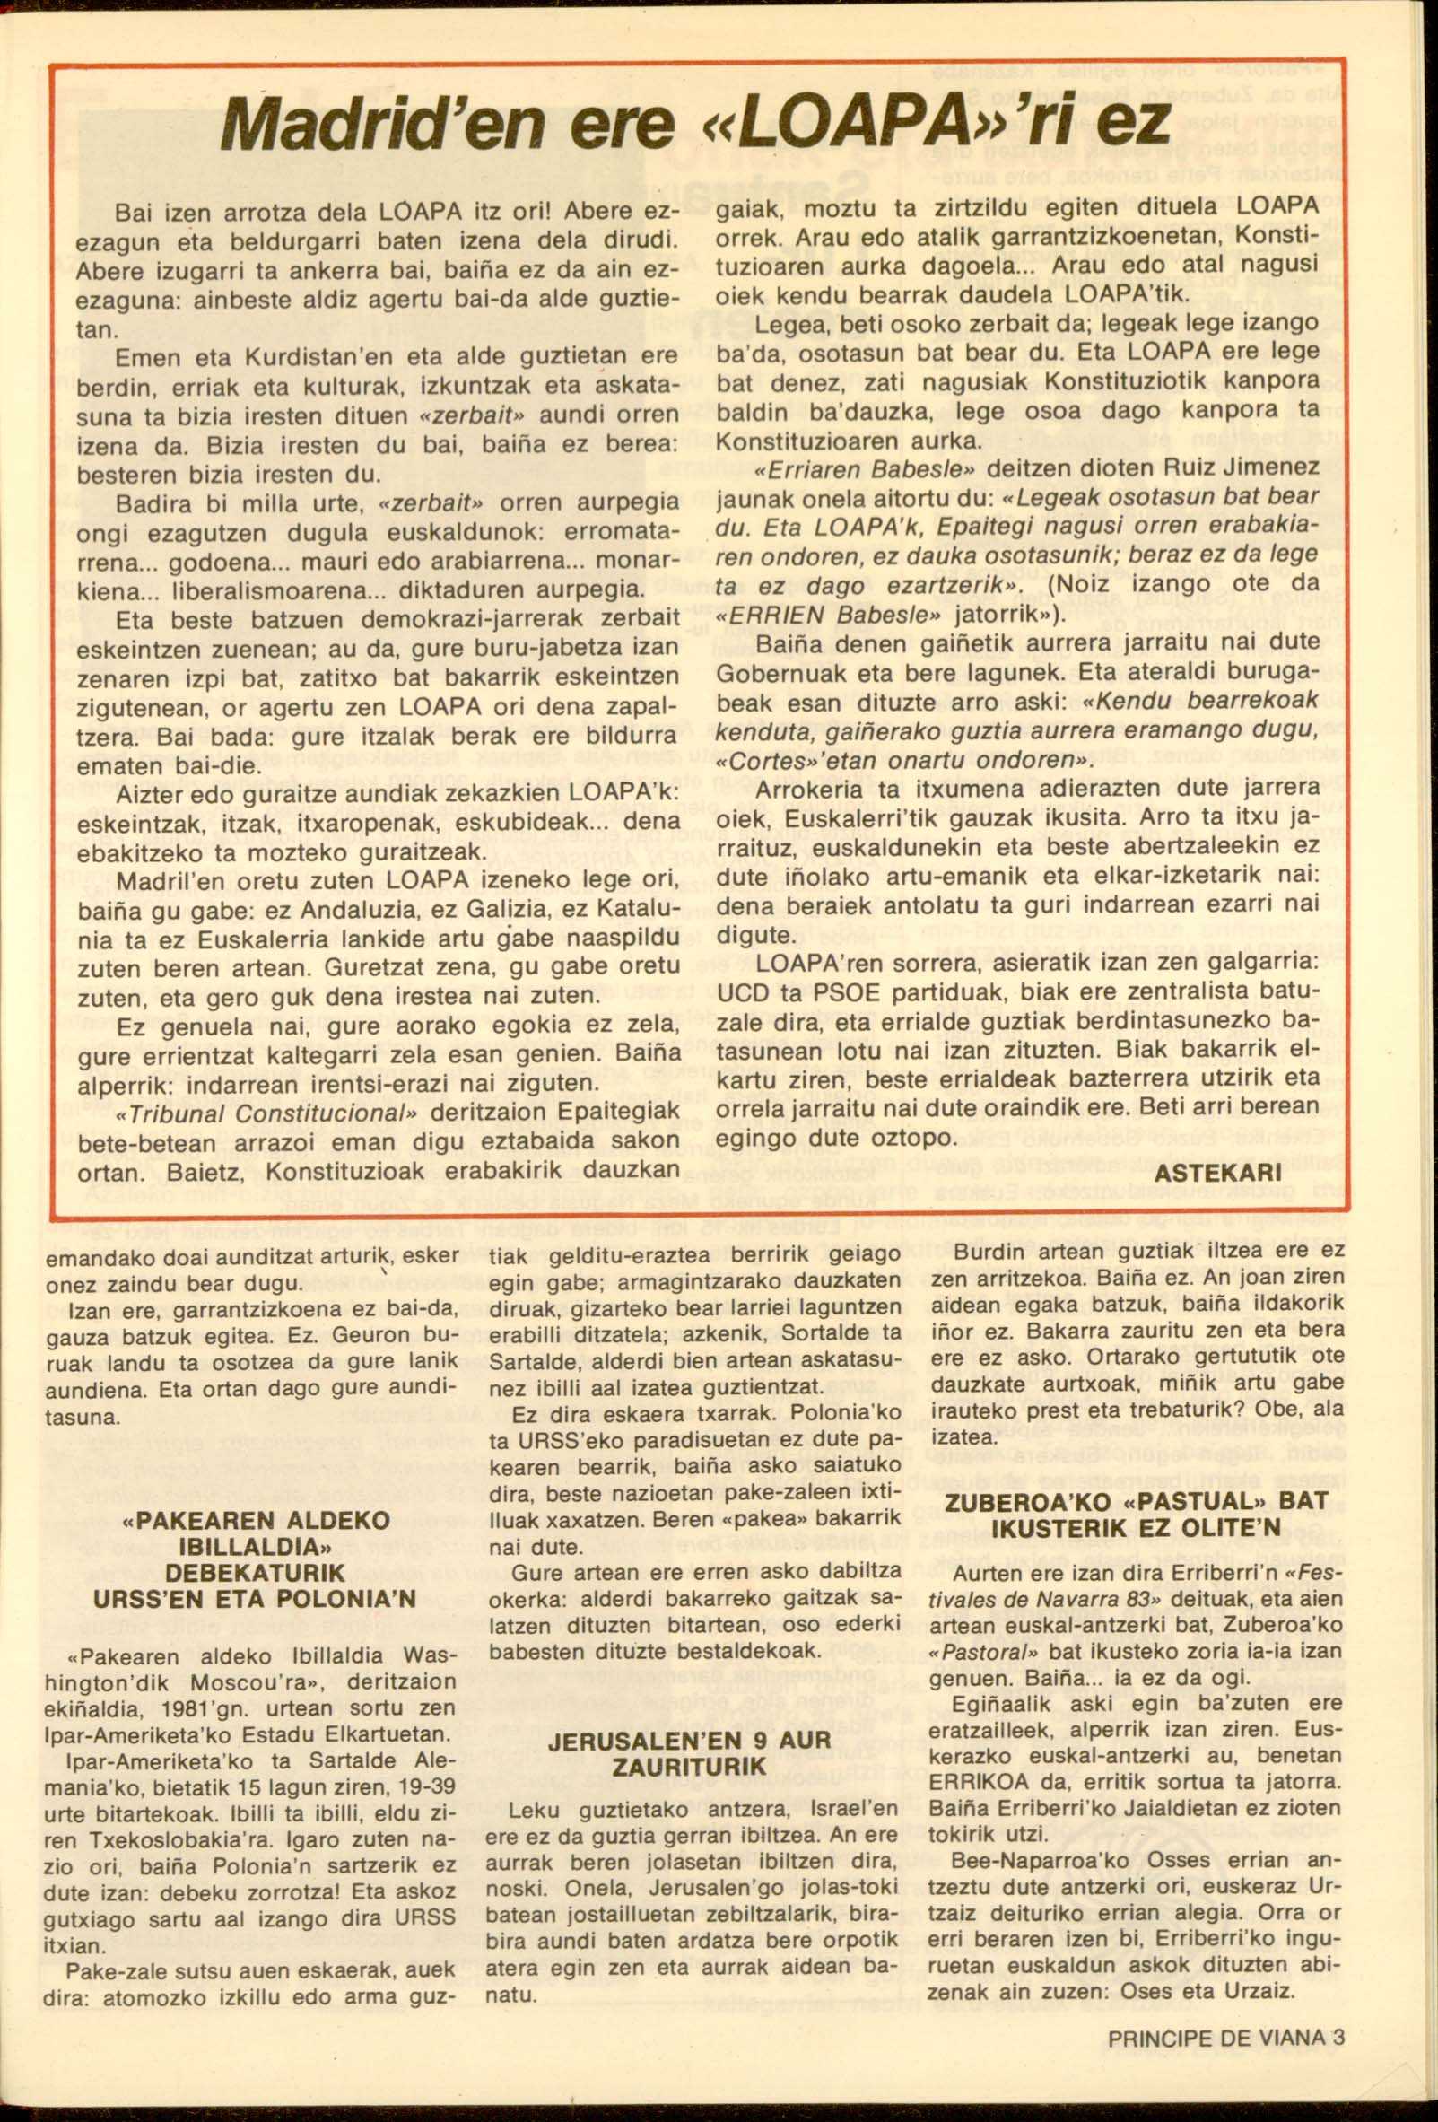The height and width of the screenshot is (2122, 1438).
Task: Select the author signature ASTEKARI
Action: click(x=1218, y=1173)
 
